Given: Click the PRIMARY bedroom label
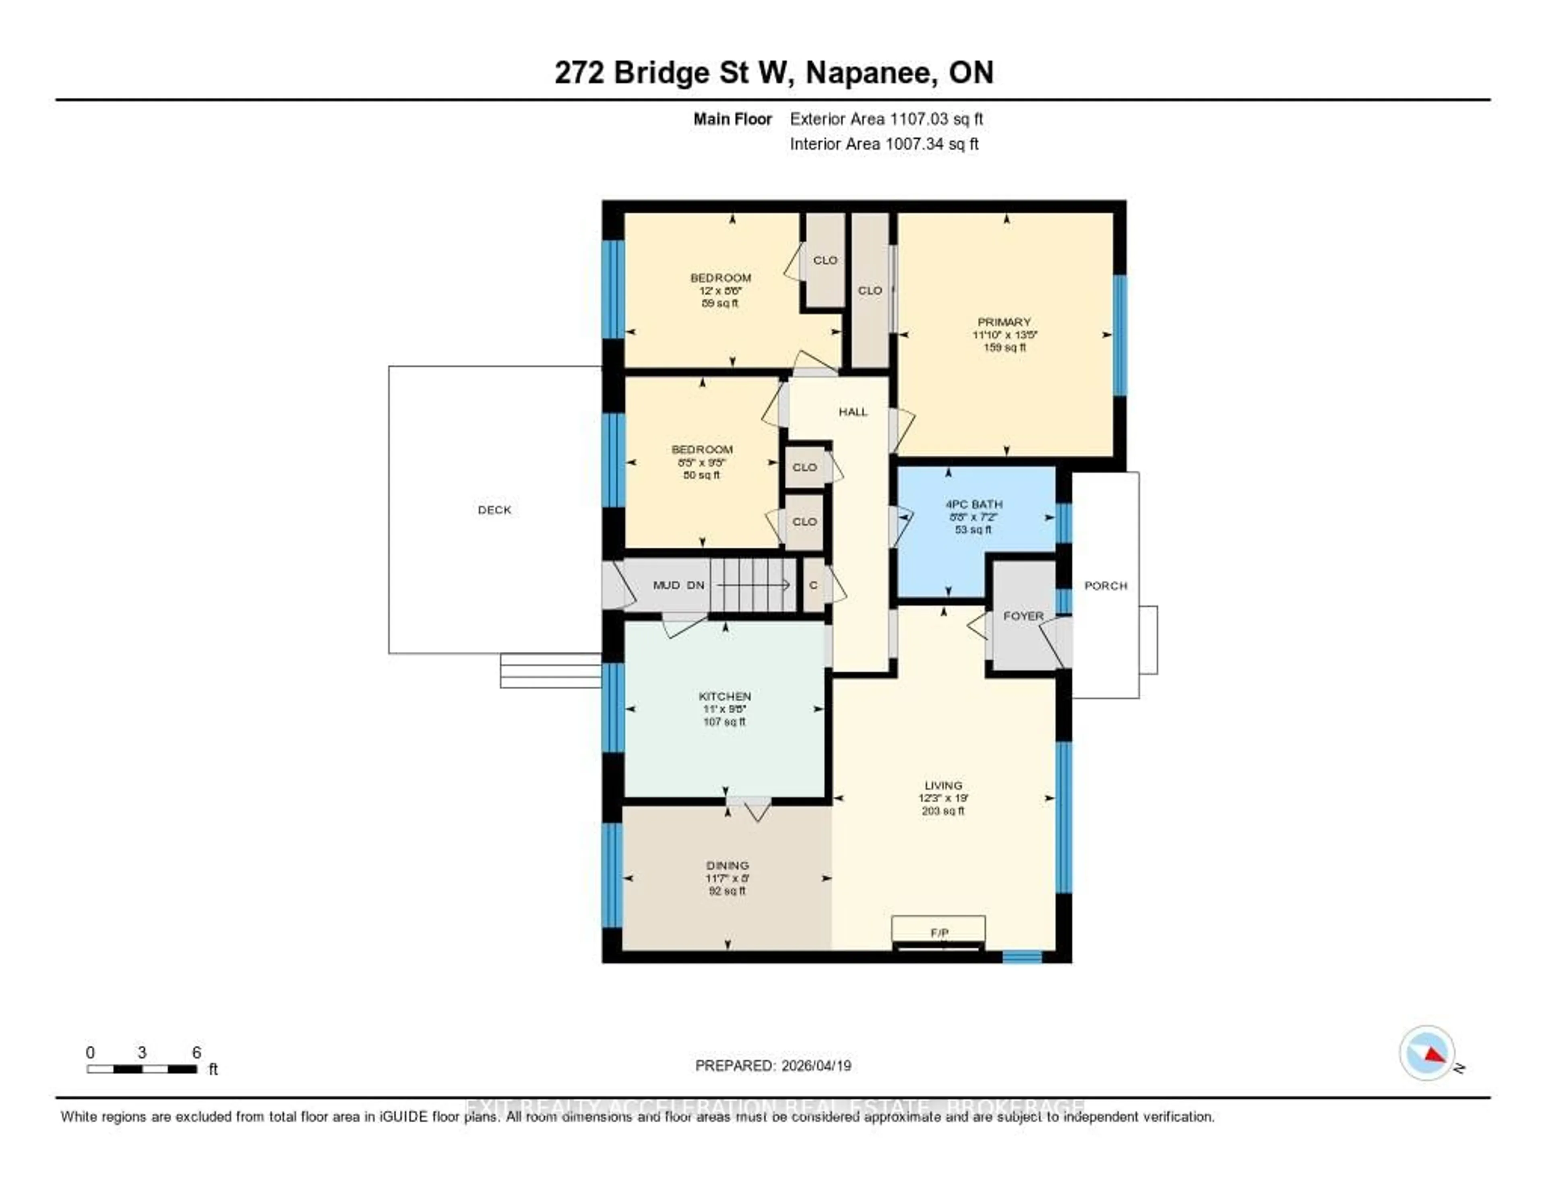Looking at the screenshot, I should pyautogui.click(x=1004, y=322).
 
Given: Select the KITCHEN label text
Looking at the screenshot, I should pyautogui.click(x=725, y=696).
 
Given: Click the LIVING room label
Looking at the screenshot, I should pyautogui.click(x=943, y=785).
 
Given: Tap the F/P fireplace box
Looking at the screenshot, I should pyautogui.click(x=938, y=932).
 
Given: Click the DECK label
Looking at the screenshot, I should pyautogui.click(x=494, y=510).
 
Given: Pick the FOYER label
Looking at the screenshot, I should pyautogui.click(x=1023, y=616).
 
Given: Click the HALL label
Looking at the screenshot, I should pyautogui.click(x=853, y=412).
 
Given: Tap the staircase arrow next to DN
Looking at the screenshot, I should pyautogui.click(x=754, y=585).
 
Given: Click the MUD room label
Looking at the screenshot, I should pyautogui.click(x=666, y=585).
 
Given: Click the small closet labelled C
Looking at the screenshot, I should pyautogui.click(x=813, y=585).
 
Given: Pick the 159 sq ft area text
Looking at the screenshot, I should pyautogui.click(x=1004, y=347).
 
